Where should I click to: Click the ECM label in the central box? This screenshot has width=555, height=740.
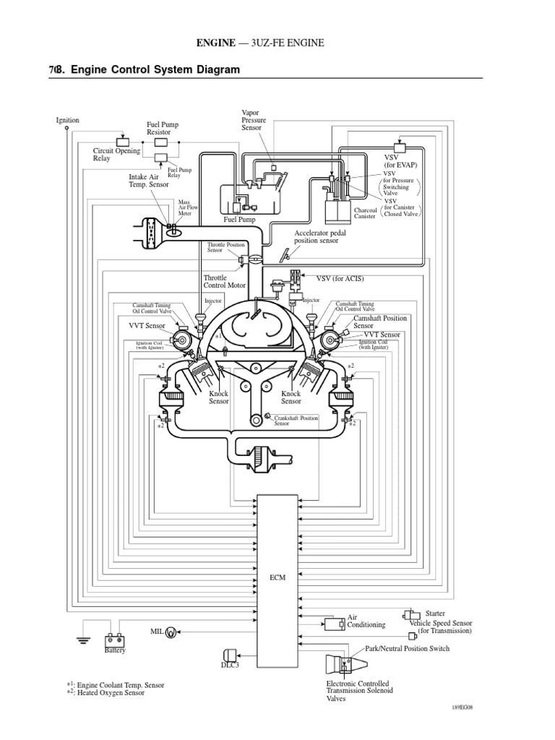(278, 577)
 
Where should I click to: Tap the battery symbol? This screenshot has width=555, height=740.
(114, 639)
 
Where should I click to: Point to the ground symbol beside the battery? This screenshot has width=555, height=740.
(84, 639)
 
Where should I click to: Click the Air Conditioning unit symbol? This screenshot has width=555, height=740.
(333, 623)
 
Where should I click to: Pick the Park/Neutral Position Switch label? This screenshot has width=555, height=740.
(408, 648)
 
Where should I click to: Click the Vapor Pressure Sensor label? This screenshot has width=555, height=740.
(254, 119)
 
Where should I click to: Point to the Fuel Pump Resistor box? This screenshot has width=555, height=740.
(162, 142)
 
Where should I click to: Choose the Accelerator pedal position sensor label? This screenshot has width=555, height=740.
(317, 237)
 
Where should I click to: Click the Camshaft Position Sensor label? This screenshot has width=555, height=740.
(380, 322)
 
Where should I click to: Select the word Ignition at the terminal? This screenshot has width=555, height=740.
(67, 120)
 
